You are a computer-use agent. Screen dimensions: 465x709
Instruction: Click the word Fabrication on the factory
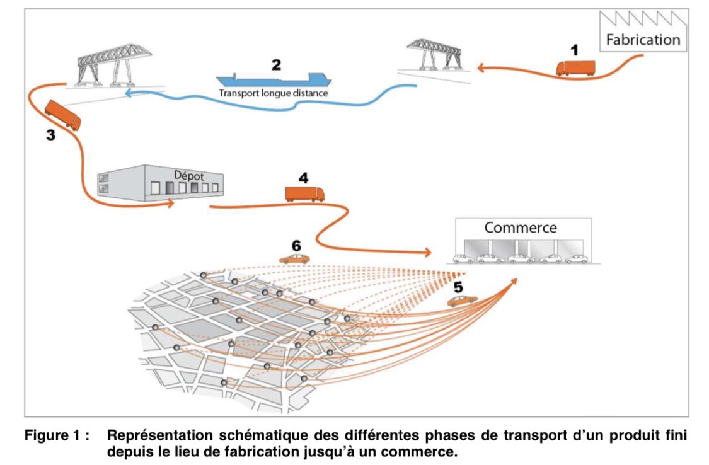point(643,40)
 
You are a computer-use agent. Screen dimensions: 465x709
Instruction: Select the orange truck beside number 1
point(575,68)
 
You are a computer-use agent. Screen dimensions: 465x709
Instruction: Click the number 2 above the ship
point(275,64)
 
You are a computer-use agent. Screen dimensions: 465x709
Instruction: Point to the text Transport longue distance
point(274,93)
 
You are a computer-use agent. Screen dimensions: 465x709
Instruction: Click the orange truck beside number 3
point(62,115)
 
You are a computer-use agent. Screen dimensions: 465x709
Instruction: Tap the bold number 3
point(50,134)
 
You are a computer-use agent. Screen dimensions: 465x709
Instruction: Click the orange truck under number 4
point(304,194)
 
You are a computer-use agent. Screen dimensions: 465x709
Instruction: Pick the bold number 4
point(303,178)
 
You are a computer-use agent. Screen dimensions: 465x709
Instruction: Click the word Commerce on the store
point(520,227)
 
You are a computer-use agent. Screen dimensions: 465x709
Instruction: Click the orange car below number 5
point(462,301)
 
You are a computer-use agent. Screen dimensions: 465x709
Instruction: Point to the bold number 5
point(458,287)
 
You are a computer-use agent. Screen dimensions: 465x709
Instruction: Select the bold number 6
point(297,245)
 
